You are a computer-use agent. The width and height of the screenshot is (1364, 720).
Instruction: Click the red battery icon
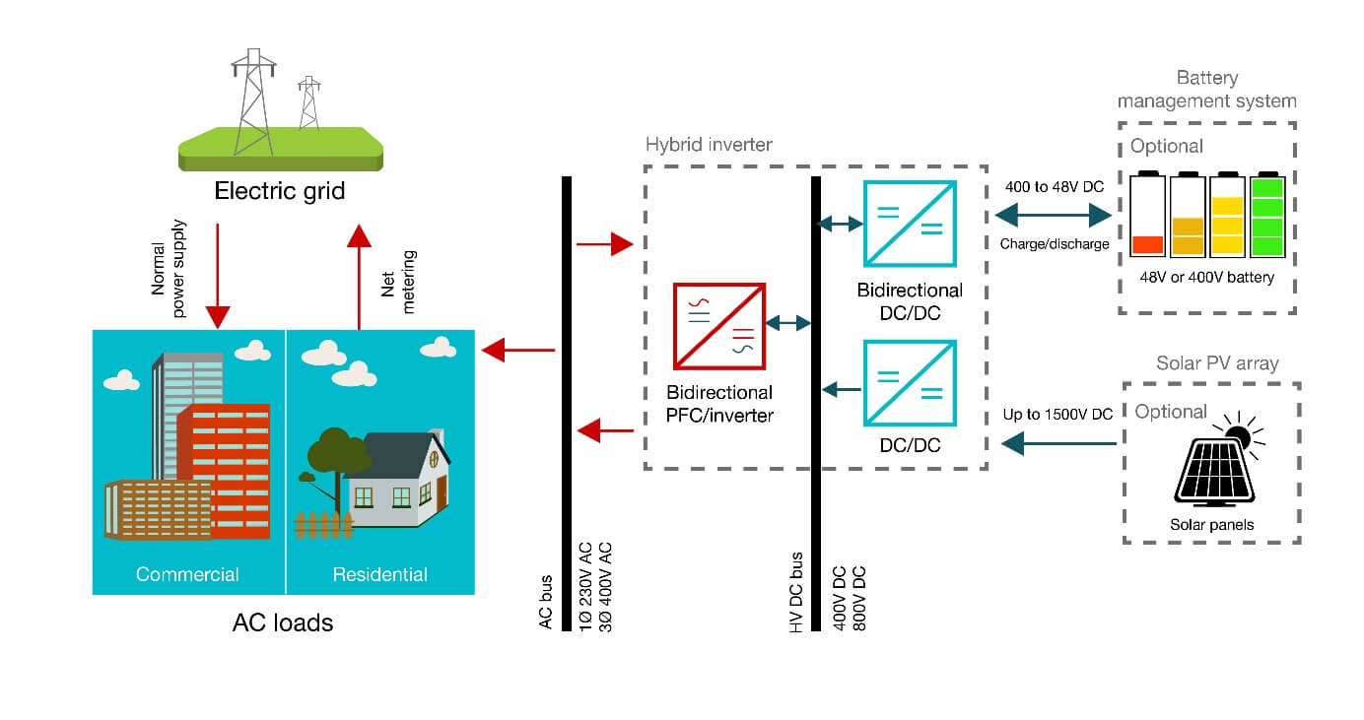(1147, 216)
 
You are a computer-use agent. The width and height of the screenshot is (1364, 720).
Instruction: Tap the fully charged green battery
(1267, 216)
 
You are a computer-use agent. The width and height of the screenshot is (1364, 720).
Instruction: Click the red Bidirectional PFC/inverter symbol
(718, 324)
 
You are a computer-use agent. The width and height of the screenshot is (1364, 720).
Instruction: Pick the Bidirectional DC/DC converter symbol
(909, 224)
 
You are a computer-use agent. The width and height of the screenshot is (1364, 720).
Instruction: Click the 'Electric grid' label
(280, 190)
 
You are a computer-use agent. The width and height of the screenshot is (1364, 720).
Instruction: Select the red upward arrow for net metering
(360, 276)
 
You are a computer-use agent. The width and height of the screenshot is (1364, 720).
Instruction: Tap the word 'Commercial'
(187, 574)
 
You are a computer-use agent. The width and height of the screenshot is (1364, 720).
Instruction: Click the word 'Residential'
(379, 574)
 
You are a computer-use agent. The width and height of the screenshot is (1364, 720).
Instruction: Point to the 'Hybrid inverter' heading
(709, 145)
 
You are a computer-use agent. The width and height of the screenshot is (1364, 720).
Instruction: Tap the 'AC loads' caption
(283, 622)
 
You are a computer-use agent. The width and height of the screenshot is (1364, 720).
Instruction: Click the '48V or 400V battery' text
(1206, 278)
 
